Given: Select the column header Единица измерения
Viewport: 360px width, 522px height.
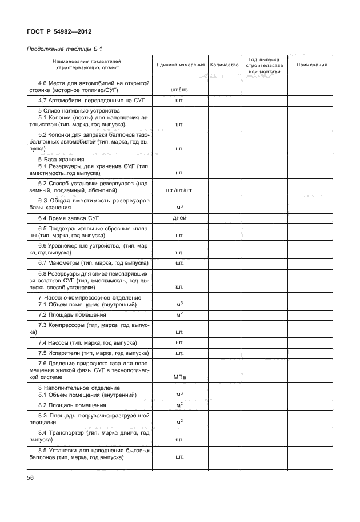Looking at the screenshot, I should (x=180, y=65).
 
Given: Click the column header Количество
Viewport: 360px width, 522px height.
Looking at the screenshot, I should (x=224, y=65).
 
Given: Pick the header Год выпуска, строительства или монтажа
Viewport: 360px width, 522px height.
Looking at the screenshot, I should (x=265, y=65).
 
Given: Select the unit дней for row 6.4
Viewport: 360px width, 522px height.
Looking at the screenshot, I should (x=179, y=218).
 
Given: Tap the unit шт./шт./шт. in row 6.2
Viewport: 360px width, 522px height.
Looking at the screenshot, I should (x=179, y=190).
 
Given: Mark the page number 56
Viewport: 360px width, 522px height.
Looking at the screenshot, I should (x=30, y=478).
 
